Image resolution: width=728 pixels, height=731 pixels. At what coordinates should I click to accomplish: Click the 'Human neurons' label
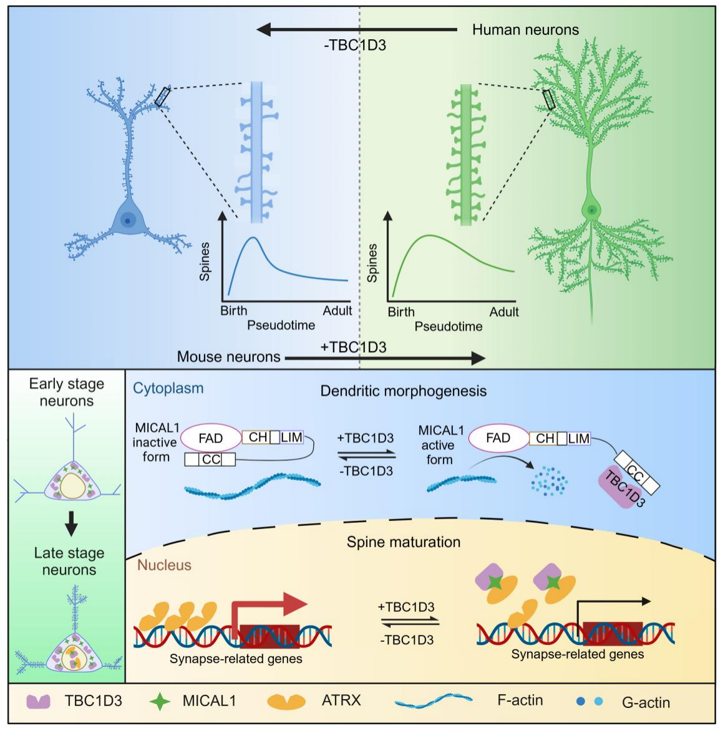[x=525, y=29]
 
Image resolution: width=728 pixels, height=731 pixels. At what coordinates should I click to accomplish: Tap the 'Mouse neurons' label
[x=228, y=357]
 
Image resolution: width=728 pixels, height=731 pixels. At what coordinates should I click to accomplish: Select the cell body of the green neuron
[x=590, y=210]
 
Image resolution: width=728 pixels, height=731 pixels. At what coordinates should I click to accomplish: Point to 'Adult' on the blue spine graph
[x=337, y=310]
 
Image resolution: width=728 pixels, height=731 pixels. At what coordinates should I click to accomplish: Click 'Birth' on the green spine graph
[x=401, y=312]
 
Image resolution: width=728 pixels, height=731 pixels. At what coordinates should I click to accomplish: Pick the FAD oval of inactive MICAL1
[x=210, y=438]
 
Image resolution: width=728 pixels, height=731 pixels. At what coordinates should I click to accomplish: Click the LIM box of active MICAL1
[x=578, y=439]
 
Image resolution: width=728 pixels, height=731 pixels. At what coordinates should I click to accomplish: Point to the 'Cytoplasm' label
[x=168, y=388]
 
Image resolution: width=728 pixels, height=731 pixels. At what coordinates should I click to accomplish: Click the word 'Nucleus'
[x=164, y=565]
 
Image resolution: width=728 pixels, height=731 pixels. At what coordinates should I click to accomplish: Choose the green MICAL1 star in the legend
[x=160, y=701]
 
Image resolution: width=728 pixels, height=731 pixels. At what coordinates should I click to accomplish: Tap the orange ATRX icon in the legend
[x=286, y=701]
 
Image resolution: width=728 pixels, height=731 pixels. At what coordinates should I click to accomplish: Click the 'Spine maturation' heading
[x=403, y=542]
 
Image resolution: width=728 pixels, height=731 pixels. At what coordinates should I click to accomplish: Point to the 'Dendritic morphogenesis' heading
[x=403, y=391]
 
